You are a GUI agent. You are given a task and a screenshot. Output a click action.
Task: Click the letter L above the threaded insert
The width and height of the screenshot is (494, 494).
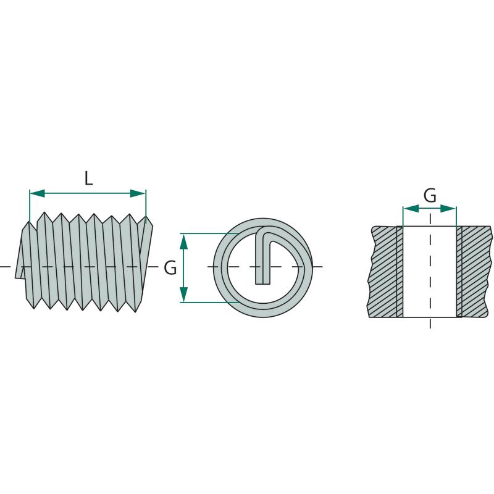pos(89,178)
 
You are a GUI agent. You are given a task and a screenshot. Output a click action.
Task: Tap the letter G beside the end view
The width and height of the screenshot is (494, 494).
pos(170,268)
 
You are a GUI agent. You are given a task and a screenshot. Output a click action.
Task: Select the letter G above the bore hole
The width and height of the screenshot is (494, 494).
pos(430,195)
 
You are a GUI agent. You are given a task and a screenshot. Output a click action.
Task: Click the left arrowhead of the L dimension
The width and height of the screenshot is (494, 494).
pos(37,193)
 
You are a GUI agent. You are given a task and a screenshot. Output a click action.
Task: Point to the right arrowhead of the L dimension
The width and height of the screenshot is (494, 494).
pos(138,193)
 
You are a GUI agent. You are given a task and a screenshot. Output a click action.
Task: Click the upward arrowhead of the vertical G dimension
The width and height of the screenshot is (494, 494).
pos(184,241)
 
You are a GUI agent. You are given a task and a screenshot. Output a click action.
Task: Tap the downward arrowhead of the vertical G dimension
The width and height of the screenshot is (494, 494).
pos(184,295)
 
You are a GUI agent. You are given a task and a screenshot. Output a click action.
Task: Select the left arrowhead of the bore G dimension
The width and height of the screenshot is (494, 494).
pos(411,208)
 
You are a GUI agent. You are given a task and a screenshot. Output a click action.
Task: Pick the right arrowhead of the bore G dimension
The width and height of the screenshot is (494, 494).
pos(448,208)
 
